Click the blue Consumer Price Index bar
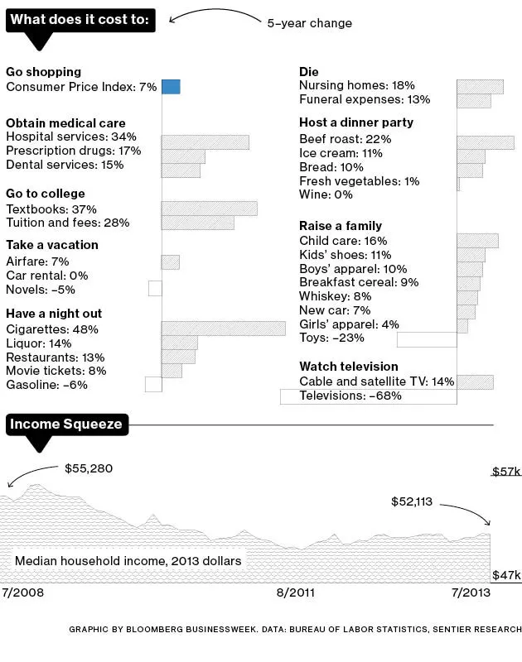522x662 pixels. [x=171, y=87]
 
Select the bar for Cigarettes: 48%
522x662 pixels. [x=223, y=329]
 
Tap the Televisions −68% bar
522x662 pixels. [x=368, y=396]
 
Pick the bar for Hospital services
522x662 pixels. [x=205, y=142]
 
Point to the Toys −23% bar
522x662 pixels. [x=427, y=339]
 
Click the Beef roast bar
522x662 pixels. [x=485, y=142]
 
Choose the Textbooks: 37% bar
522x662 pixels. [x=209, y=209]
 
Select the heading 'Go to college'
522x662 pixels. [x=46, y=194]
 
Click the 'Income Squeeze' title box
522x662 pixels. [x=66, y=425]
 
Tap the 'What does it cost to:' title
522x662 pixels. [x=80, y=21]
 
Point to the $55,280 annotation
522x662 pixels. [x=89, y=468]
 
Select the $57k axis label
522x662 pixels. [x=506, y=472]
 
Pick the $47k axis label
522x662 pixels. [x=506, y=575]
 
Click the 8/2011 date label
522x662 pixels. [x=296, y=593]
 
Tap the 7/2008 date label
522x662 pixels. [x=23, y=593]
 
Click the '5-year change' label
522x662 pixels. [x=309, y=23]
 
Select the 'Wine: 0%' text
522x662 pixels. [x=326, y=194]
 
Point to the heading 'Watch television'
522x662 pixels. [x=348, y=366]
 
